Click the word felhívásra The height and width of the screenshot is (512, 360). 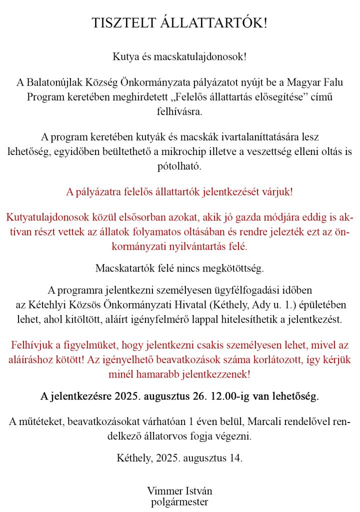coord(179,111)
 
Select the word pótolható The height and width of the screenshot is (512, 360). coord(179,166)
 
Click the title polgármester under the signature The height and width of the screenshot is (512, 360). coord(179,501)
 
